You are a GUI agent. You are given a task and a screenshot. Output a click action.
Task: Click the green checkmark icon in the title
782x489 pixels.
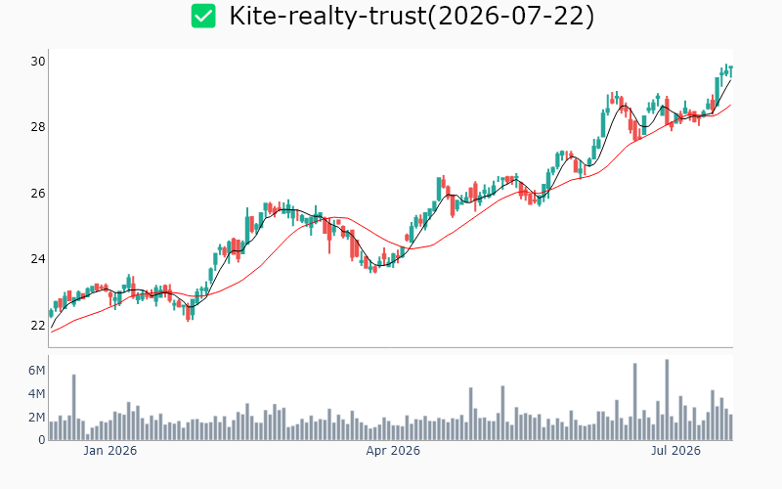203,16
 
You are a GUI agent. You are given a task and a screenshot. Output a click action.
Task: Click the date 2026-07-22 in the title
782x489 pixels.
511,16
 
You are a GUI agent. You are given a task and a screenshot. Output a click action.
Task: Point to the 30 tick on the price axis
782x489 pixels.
38,62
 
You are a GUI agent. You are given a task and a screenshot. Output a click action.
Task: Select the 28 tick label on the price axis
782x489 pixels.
38,127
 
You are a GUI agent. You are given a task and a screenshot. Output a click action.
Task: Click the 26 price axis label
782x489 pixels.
38,193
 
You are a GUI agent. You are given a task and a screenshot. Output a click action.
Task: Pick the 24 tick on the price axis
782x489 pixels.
38,259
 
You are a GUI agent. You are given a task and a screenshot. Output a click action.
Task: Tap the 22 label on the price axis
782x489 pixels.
38,326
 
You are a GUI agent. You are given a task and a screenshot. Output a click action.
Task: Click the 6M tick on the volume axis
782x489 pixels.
36,371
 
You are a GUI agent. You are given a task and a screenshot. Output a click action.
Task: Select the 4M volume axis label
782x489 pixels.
36,394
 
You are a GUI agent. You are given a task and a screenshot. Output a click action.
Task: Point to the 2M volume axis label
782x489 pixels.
36,418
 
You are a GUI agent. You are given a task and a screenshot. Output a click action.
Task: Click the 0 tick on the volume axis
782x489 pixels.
42,440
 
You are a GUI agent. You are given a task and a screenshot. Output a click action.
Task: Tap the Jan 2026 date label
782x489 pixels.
109,451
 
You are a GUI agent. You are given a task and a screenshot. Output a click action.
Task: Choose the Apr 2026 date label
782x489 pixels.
393,451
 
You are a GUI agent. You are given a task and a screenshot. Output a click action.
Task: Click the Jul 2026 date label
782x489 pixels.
675,451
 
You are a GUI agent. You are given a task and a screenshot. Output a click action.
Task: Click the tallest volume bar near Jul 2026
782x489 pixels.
667,400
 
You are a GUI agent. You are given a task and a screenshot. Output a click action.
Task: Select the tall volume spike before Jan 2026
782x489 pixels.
74,407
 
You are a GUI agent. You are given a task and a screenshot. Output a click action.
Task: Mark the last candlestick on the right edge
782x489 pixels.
730,71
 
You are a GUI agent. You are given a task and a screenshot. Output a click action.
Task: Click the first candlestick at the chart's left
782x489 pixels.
51,313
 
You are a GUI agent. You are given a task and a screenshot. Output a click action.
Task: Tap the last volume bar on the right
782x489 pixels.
730,427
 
